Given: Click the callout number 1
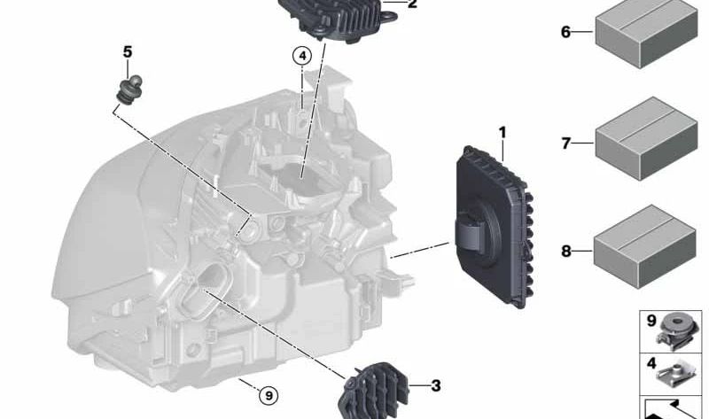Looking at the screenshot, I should coord(502,134).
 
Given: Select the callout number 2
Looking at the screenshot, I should coord(411,4).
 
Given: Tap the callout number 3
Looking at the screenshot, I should coord(435,385).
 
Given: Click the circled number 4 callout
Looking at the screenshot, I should coord(302,56).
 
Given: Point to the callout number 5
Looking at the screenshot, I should coord(128,52).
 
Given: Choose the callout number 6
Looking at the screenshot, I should coord(565,33).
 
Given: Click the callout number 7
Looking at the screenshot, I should coord(565,142).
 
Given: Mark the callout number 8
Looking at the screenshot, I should coord(565,252).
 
